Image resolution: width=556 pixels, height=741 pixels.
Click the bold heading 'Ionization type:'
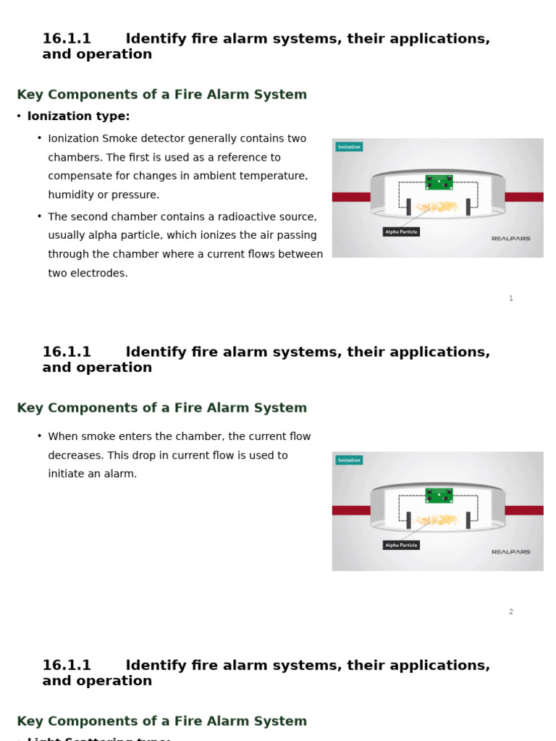78,117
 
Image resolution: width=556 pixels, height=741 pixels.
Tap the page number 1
511,299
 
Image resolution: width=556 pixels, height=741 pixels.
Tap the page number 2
511,612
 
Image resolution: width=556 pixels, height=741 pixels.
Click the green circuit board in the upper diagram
439,182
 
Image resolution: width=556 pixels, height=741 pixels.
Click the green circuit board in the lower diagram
439,496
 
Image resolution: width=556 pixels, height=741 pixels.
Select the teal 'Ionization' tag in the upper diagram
349,147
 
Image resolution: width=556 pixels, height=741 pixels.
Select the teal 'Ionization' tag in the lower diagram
349,460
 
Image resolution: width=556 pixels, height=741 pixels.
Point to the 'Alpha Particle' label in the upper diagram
401,232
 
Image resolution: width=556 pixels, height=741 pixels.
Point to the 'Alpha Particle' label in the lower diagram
401,546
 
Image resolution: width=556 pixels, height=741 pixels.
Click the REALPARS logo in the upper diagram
511,238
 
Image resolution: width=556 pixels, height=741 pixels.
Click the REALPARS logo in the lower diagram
511,552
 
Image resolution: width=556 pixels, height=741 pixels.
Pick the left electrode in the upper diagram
408,207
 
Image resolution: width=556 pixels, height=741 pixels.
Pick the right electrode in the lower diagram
468,520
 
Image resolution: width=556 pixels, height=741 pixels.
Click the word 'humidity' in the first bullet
71,195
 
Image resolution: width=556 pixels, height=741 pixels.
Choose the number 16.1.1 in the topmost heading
67,39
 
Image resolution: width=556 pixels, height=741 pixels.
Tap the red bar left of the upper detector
351,197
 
